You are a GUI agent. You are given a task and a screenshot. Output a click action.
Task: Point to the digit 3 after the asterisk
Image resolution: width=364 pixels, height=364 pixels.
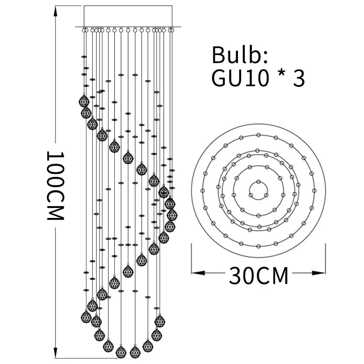(298, 78)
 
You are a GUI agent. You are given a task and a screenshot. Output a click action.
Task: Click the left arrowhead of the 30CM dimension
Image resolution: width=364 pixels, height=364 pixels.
(196, 273)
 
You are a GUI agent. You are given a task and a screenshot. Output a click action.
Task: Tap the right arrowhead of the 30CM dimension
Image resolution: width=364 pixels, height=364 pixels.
(320, 273)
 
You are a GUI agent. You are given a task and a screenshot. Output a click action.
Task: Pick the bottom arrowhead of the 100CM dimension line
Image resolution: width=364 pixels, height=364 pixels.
(56, 355)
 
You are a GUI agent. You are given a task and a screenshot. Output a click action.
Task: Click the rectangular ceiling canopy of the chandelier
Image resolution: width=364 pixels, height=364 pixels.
(128, 16)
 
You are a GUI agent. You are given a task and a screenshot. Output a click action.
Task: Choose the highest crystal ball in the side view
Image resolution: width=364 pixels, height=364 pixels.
(84, 101)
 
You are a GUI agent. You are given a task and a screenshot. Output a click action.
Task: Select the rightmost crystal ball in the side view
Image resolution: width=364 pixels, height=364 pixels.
(172, 214)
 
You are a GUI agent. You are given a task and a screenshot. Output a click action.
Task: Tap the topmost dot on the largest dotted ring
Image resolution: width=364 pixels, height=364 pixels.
(258, 135)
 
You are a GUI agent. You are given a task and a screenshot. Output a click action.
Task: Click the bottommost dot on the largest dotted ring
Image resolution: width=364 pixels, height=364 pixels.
(258, 246)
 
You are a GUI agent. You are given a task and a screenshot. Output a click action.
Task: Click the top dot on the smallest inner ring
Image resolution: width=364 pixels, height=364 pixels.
(258, 182)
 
